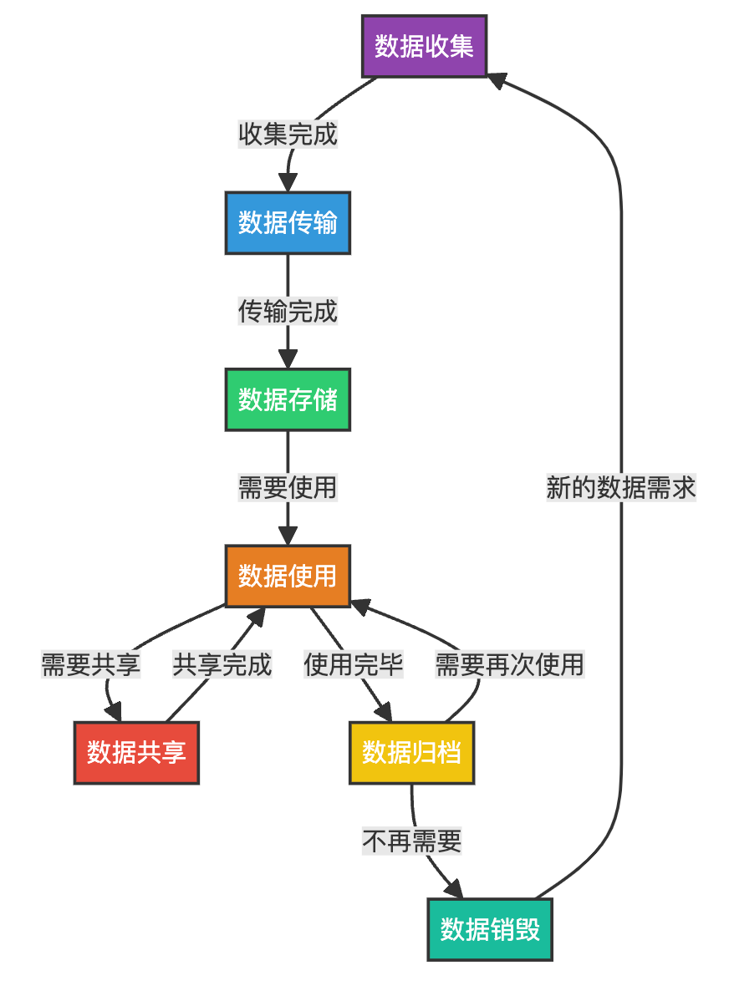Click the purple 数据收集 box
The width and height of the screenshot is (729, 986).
click(x=425, y=46)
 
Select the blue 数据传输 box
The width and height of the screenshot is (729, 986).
click(x=288, y=223)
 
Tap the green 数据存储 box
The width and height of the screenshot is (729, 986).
click(x=288, y=400)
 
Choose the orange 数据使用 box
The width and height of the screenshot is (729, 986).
click(x=288, y=577)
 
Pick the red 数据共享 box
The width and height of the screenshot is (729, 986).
click(x=136, y=753)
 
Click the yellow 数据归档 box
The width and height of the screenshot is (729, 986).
click(x=411, y=753)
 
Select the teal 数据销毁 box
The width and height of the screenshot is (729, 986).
click(x=490, y=929)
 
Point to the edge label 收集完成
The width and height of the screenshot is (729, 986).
click(x=288, y=135)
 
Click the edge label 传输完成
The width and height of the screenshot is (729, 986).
click(x=288, y=312)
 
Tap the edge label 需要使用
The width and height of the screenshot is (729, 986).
click(x=288, y=488)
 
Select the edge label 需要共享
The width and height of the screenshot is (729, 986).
click(x=91, y=665)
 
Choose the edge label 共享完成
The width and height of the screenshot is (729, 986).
click(x=222, y=665)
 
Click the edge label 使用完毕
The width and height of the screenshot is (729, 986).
click(x=354, y=665)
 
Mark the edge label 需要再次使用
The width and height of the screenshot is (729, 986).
click(x=509, y=665)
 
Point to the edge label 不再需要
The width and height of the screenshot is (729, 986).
click(x=411, y=841)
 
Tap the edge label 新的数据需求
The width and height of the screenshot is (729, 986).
click(x=620, y=488)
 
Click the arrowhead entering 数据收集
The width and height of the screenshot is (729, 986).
click(x=497, y=79)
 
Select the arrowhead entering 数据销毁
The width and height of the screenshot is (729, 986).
click(x=454, y=891)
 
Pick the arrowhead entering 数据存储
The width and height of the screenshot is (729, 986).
click(x=288, y=360)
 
